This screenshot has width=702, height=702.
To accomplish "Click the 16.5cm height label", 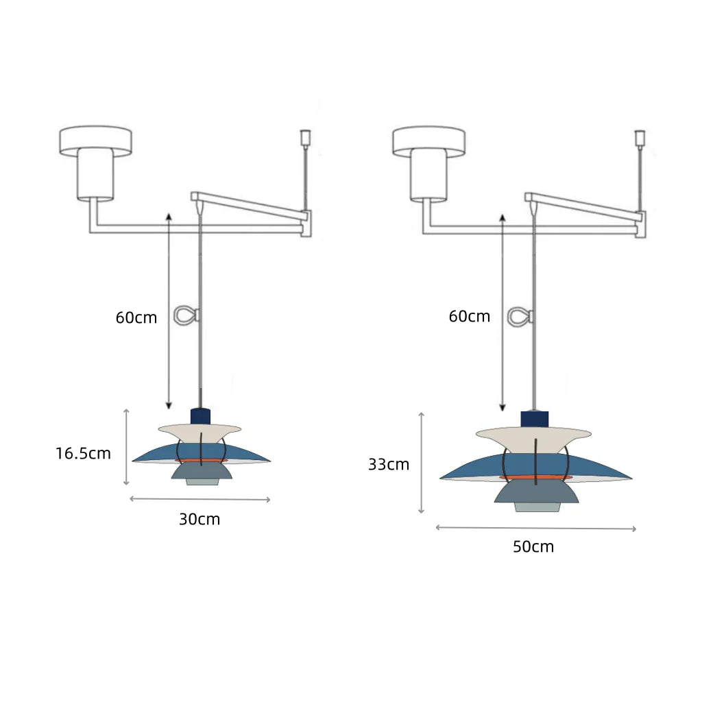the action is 83,454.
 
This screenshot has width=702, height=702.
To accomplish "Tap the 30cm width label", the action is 199,520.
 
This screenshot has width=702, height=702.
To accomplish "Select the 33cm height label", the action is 389,465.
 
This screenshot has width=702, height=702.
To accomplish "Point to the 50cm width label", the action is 533,546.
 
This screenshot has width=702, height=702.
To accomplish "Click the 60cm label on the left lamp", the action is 136,318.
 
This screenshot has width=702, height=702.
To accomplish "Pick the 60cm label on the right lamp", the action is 469,317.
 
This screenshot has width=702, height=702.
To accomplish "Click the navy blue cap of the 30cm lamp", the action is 200,416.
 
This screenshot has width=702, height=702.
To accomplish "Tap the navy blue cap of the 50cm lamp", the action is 534,420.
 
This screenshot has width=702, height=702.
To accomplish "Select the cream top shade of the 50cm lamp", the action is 533,437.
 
